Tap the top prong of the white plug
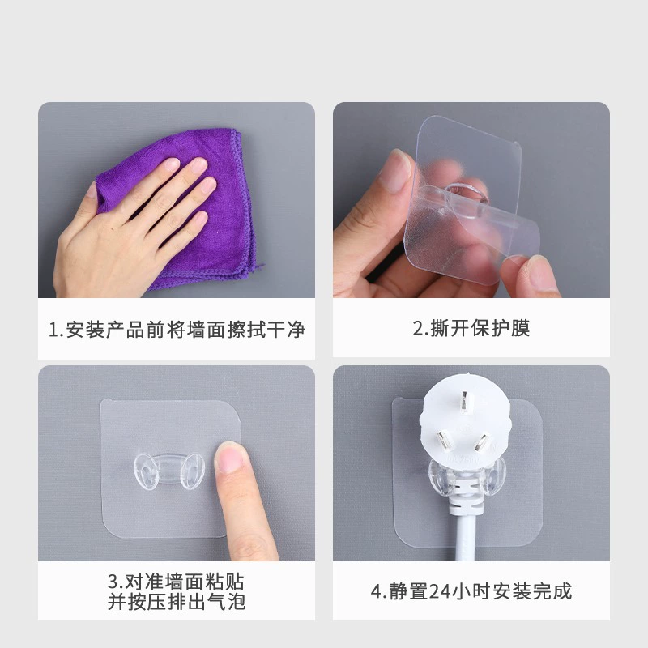466,402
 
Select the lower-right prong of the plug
482,441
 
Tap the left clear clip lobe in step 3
146,471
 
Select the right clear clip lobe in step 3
193,471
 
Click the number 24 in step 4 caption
439,591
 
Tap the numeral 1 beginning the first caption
53,330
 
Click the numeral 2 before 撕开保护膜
418,329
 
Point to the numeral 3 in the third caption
113,582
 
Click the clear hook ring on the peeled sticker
467,194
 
